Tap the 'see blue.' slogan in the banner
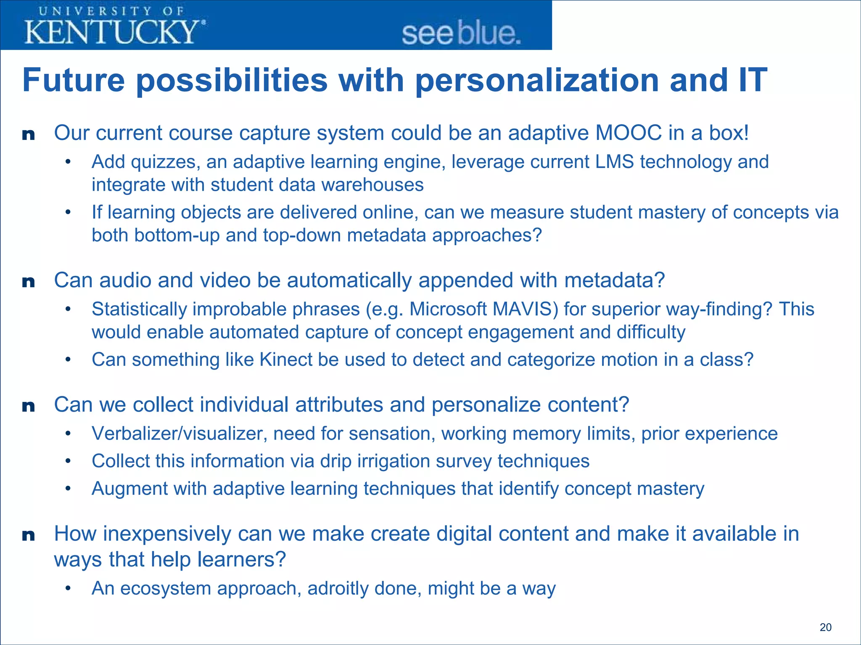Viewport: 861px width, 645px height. [461, 34]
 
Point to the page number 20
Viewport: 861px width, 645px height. [825, 627]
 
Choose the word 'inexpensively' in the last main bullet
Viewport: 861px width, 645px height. [167, 534]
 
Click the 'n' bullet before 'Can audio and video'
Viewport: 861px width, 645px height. [28, 282]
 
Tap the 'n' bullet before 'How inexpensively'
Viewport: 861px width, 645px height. [28, 535]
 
